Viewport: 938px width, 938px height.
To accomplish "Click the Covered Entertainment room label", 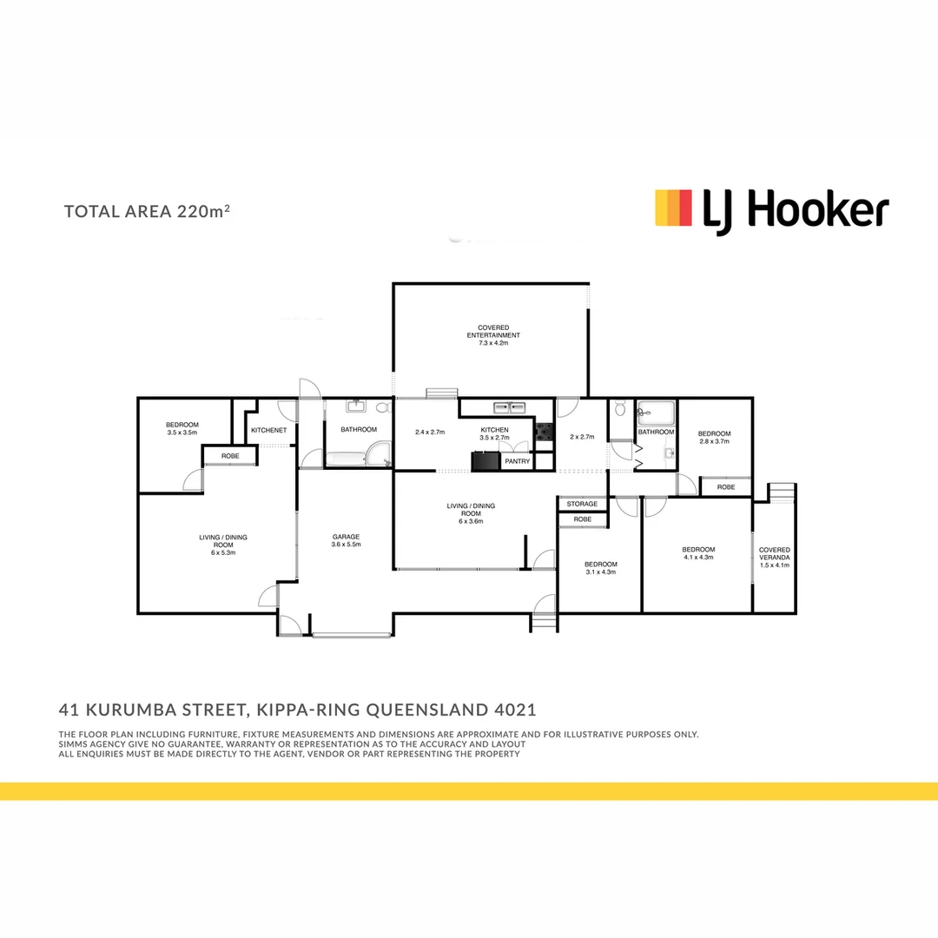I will pyautogui.click(x=492, y=335).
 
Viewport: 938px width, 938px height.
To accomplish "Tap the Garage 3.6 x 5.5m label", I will pyautogui.click(x=345, y=540).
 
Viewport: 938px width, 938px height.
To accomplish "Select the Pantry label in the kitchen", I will pyautogui.click(x=517, y=461).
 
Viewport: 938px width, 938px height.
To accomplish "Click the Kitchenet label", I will pyautogui.click(x=268, y=430).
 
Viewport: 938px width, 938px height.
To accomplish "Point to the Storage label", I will pyautogui.click(x=582, y=504).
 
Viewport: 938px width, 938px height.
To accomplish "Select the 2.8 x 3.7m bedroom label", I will pyautogui.click(x=714, y=437).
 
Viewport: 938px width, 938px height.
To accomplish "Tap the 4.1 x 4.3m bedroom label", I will pyautogui.click(x=697, y=554).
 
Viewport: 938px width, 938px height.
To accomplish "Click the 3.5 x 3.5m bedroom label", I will pyautogui.click(x=182, y=428).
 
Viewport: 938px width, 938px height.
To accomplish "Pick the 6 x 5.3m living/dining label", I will pyautogui.click(x=216, y=545).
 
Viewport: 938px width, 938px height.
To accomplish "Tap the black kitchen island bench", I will pyautogui.click(x=487, y=461).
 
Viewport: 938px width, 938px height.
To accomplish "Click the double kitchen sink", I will pyautogui.click(x=508, y=406).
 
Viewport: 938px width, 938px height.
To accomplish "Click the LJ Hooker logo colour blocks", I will pyautogui.click(x=673, y=208).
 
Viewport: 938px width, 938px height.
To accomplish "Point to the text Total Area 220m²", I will pyautogui.click(x=147, y=211).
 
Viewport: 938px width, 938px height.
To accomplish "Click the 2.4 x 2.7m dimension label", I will pyautogui.click(x=430, y=432).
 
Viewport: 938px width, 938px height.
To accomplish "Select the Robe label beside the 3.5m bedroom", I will pyautogui.click(x=230, y=455).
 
